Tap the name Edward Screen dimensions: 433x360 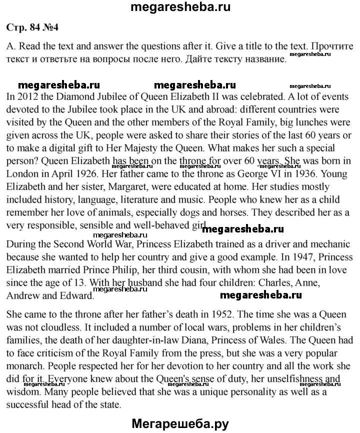[74, 295]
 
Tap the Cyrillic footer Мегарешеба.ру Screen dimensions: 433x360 [179, 423]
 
